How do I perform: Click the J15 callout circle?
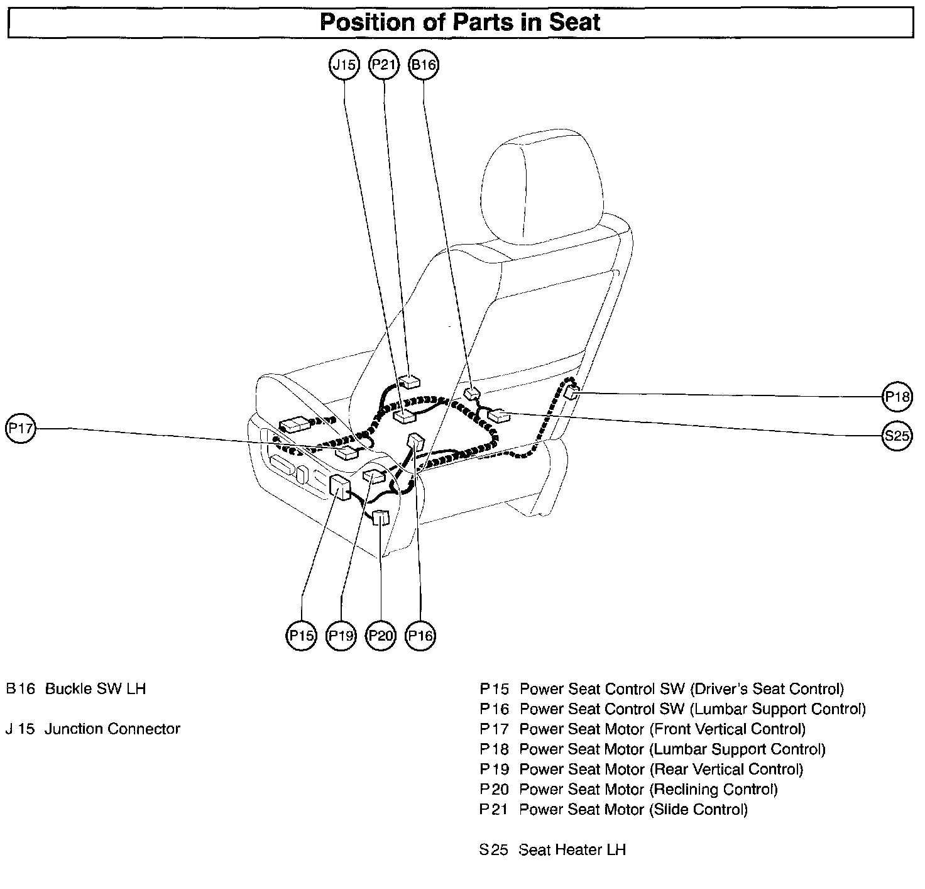coord(344,65)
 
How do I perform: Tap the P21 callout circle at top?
coord(384,65)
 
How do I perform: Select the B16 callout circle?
coord(424,65)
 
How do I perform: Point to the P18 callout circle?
coord(897,396)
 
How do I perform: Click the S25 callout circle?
coord(897,436)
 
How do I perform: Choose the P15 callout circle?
coord(301,636)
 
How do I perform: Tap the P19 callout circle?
coord(341,636)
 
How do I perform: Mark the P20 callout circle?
coord(381,636)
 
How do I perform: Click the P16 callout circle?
coord(420,636)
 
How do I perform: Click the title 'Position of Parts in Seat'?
coord(460,23)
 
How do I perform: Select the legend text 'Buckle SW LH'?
coord(96,688)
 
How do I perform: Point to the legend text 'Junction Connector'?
coord(112,729)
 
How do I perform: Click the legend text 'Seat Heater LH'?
coord(572,850)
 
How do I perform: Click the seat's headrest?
coord(540,189)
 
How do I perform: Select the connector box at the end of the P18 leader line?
coord(572,393)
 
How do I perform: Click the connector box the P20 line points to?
coord(381,517)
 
